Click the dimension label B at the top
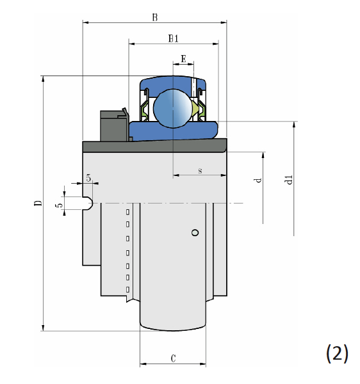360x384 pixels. click(155, 18)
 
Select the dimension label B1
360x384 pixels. click(174, 38)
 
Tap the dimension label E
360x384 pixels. click(183, 59)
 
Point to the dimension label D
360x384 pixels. click(38, 203)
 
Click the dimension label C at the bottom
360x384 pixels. click(173, 358)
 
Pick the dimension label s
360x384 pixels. click(200, 170)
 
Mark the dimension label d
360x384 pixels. click(258, 180)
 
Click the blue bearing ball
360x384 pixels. click(173, 108)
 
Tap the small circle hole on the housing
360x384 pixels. click(195, 232)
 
